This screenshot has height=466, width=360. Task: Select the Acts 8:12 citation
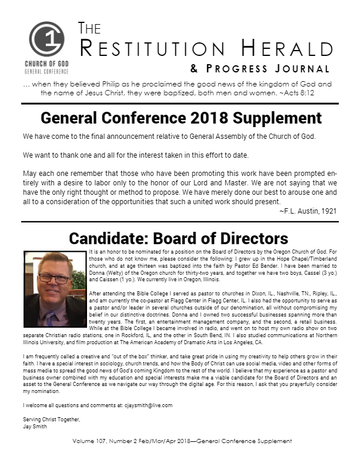point(309,93)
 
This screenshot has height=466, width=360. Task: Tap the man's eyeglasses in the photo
point(54,278)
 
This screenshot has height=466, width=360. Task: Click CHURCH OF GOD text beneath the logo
point(46,64)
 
